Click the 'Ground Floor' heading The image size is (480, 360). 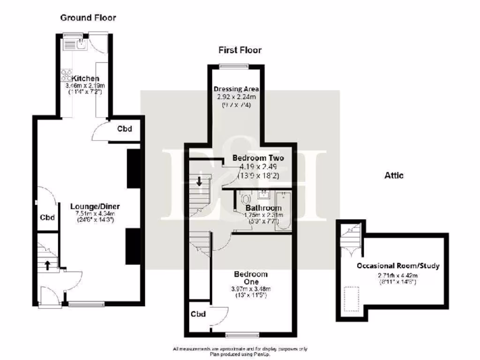[x=88, y=18]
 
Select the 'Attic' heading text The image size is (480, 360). [x=394, y=175]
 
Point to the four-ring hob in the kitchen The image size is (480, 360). [x=67, y=76]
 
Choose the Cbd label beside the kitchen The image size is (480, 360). [x=124, y=129]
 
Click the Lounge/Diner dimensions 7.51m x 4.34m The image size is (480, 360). [x=95, y=214]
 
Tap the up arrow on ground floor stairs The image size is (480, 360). [x=48, y=265]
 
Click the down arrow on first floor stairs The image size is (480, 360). [x=199, y=180]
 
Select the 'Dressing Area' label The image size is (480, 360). [x=236, y=89]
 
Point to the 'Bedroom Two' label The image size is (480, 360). [x=258, y=158]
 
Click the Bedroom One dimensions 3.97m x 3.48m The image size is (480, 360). [x=251, y=289]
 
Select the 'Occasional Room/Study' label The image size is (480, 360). [x=398, y=266]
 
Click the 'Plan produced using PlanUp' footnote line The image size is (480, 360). [x=240, y=355]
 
